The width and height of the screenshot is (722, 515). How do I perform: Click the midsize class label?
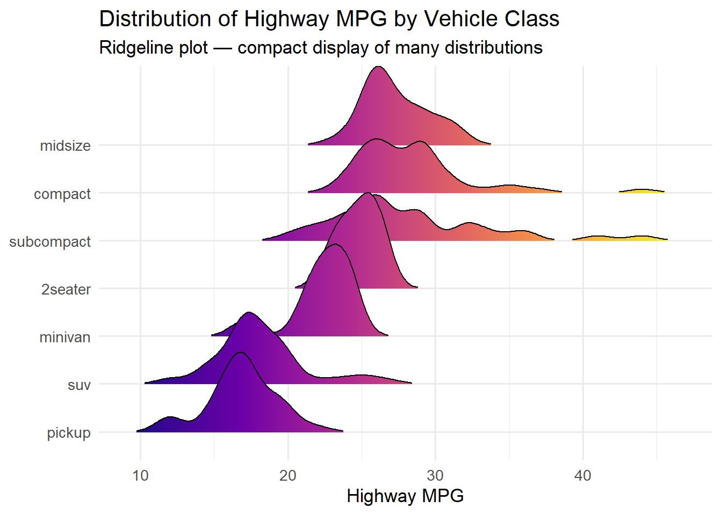(x=65, y=146)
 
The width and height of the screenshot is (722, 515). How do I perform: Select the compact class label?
(x=62, y=194)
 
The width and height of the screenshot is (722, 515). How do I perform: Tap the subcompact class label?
(x=50, y=242)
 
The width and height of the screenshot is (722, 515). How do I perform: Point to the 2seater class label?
(x=66, y=290)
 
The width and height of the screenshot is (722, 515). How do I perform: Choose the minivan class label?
(x=64, y=337)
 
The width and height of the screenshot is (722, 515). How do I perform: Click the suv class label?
(x=79, y=385)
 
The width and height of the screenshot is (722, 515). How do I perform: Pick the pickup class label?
(x=69, y=433)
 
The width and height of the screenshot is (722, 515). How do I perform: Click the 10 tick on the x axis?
(x=141, y=476)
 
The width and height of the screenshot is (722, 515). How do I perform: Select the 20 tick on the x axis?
(x=288, y=476)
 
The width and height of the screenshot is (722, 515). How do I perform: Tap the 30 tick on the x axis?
(x=435, y=476)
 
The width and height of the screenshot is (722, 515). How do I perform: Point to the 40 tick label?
(x=583, y=476)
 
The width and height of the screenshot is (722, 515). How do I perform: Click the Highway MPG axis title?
(x=405, y=496)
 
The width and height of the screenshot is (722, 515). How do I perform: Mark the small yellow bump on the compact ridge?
(x=642, y=190)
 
